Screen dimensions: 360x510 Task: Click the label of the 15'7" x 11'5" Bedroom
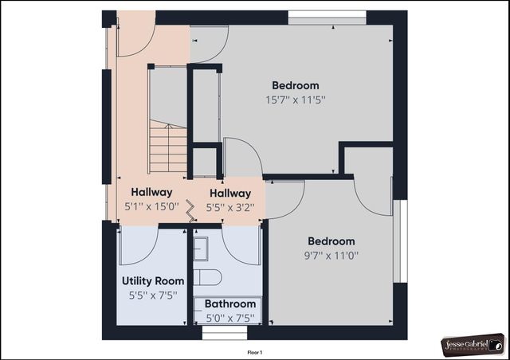pyautogui.click(x=295, y=85)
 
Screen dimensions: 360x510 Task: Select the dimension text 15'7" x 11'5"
pyautogui.click(x=295, y=100)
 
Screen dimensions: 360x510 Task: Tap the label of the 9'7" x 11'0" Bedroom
pyautogui.click(x=331, y=241)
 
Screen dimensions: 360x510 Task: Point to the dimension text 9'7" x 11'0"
pyautogui.click(x=331, y=256)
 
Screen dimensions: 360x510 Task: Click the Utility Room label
pyautogui.click(x=153, y=281)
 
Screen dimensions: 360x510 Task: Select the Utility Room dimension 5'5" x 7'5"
pyautogui.click(x=153, y=295)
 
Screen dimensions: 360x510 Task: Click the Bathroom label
pyautogui.click(x=230, y=303)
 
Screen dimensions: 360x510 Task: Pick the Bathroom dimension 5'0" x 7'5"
pyautogui.click(x=230, y=317)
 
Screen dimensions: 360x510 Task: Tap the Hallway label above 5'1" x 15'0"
pyautogui.click(x=151, y=192)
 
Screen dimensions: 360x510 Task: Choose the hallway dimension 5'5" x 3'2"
pyautogui.click(x=229, y=206)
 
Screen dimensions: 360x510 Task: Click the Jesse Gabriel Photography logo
pyautogui.click(x=473, y=345)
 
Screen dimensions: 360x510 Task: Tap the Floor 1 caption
pyautogui.click(x=255, y=351)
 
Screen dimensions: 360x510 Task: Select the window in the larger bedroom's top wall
pyautogui.click(x=327, y=17)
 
